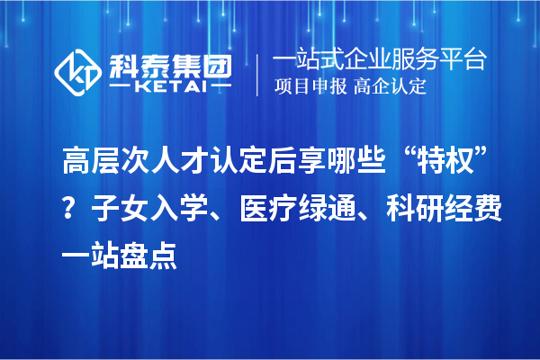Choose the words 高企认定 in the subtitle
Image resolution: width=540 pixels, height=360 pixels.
click(x=390, y=87)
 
